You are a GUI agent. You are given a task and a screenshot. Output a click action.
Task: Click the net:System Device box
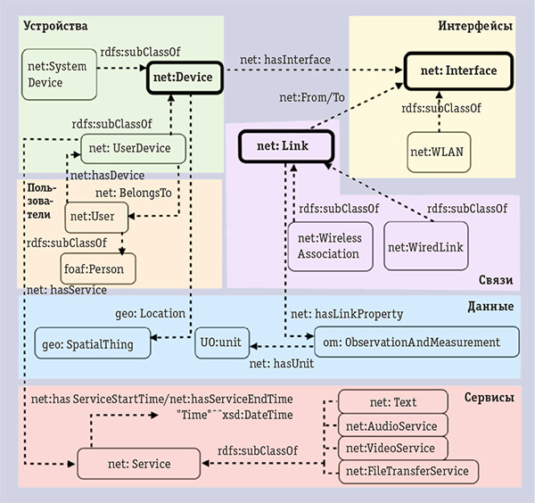[57, 74]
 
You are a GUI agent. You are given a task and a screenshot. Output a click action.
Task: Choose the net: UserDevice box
[133, 148]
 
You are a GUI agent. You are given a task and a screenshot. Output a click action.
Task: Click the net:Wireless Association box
[329, 245]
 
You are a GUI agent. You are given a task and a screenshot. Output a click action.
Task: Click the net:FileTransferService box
[409, 470]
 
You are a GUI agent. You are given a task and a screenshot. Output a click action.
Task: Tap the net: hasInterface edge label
[284, 59]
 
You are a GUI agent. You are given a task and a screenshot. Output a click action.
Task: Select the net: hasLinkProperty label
[347, 314]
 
